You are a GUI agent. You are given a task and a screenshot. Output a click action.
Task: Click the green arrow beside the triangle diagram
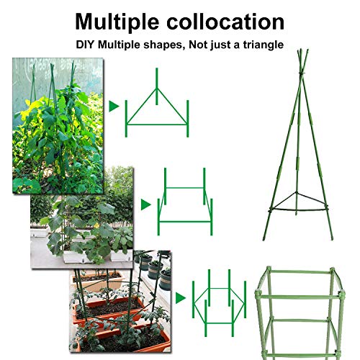click(x=113, y=107)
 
